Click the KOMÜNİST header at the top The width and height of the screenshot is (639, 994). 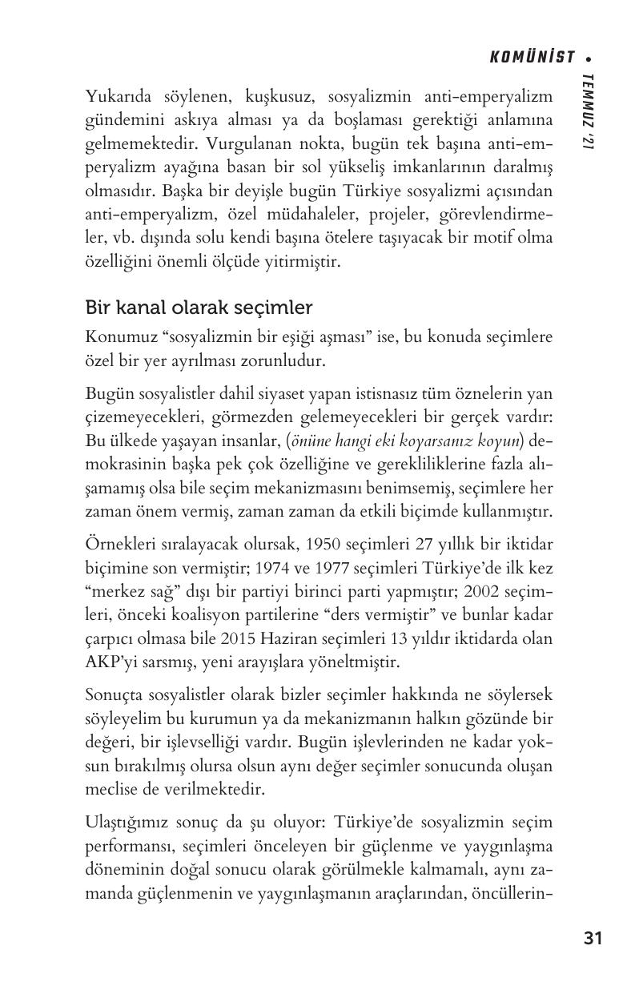(x=532, y=57)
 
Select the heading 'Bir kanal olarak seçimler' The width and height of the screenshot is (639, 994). (x=199, y=308)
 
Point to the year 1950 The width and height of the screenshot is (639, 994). (x=322, y=545)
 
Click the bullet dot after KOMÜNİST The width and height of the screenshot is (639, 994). (x=589, y=58)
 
